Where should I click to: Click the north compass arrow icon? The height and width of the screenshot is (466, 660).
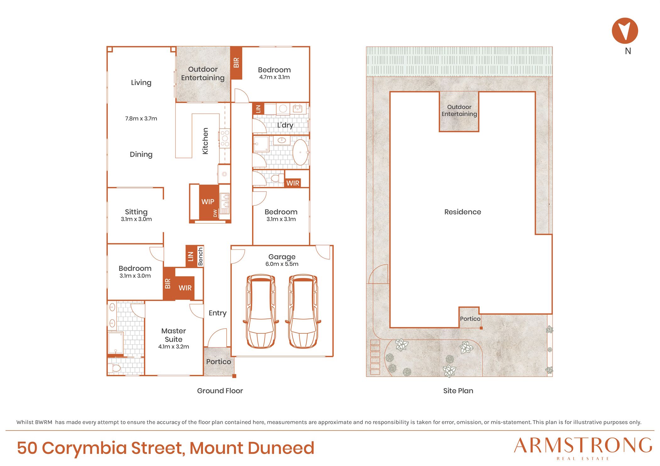[x=625, y=31]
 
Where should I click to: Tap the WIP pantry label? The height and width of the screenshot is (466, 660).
[x=208, y=201]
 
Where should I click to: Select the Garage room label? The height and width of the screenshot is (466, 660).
[x=282, y=257]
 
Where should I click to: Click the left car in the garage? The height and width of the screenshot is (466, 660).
[x=261, y=311]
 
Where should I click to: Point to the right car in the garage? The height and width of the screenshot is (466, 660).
[x=303, y=311]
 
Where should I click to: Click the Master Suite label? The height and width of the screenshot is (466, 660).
[x=173, y=335]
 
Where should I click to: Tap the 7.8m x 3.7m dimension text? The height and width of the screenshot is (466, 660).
[x=141, y=119]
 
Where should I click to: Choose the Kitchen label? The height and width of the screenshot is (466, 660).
[x=205, y=141]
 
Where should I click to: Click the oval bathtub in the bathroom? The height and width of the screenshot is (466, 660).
[x=300, y=152]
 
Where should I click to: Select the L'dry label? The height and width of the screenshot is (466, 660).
[x=285, y=125]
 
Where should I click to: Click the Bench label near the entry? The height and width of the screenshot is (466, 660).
[x=201, y=256]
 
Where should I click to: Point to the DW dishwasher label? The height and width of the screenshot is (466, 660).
[x=215, y=213]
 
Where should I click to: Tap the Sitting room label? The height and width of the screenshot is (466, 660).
[x=136, y=212]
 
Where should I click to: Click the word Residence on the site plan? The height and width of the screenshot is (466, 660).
[x=463, y=212]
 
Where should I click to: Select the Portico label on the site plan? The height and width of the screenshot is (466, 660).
[x=470, y=319]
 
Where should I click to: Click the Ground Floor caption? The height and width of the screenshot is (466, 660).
[x=220, y=391]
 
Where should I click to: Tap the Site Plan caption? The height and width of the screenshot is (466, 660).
[x=458, y=391]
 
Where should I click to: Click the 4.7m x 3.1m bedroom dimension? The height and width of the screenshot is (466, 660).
[x=274, y=77]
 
